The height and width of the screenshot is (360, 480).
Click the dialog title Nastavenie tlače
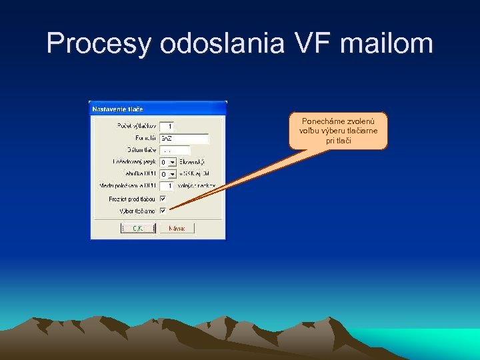click(117, 109)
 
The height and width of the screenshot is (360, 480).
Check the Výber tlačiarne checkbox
click(163, 211)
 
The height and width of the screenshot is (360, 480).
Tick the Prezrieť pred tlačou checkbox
click(163, 199)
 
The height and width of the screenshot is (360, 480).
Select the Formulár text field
click(184, 138)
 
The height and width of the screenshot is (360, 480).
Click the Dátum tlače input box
click(175, 150)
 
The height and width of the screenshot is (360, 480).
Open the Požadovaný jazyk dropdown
click(172, 162)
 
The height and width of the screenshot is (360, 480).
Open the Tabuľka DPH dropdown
click(172, 174)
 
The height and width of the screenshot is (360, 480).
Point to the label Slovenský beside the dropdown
click(192, 162)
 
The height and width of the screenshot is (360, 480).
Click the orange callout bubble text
click(338, 131)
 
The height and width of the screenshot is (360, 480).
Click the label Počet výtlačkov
click(136, 126)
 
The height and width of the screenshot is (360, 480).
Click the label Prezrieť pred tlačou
click(132, 199)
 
